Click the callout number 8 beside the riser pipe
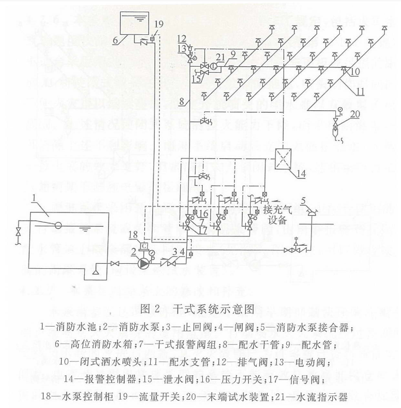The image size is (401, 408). point(181,102)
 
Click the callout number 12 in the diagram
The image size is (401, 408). point(181,38)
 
